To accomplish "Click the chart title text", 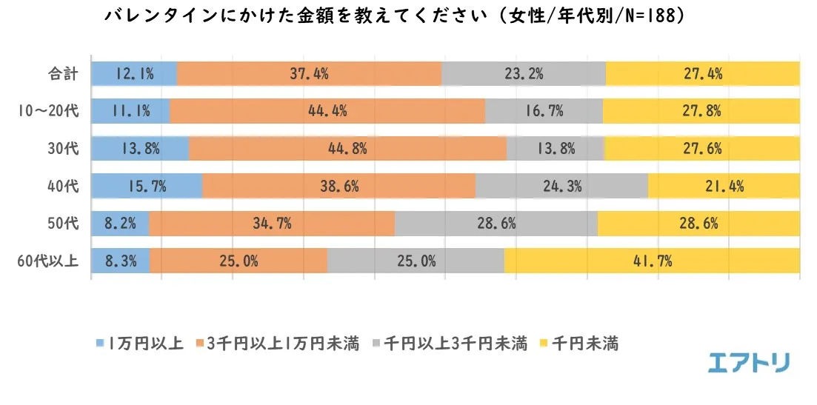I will (x=393, y=16).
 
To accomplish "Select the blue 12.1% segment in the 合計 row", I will (x=134, y=73).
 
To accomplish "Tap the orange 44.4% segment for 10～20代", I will (x=327, y=111).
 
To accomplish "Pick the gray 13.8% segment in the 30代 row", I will (x=556, y=148).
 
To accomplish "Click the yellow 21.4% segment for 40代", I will (x=724, y=186).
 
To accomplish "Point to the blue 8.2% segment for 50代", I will (x=120, y=223).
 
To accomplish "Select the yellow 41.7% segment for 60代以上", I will (x=652, y=261).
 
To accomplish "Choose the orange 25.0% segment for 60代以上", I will (x=239, y=261).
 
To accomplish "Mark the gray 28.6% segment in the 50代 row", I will (x=496, y=223).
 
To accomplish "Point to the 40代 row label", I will (x=61, y=186).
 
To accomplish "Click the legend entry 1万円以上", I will (x=141, y=344).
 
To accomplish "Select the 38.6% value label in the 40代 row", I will (x=339, y=186).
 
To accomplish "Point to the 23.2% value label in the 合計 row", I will (x=524, y=73).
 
